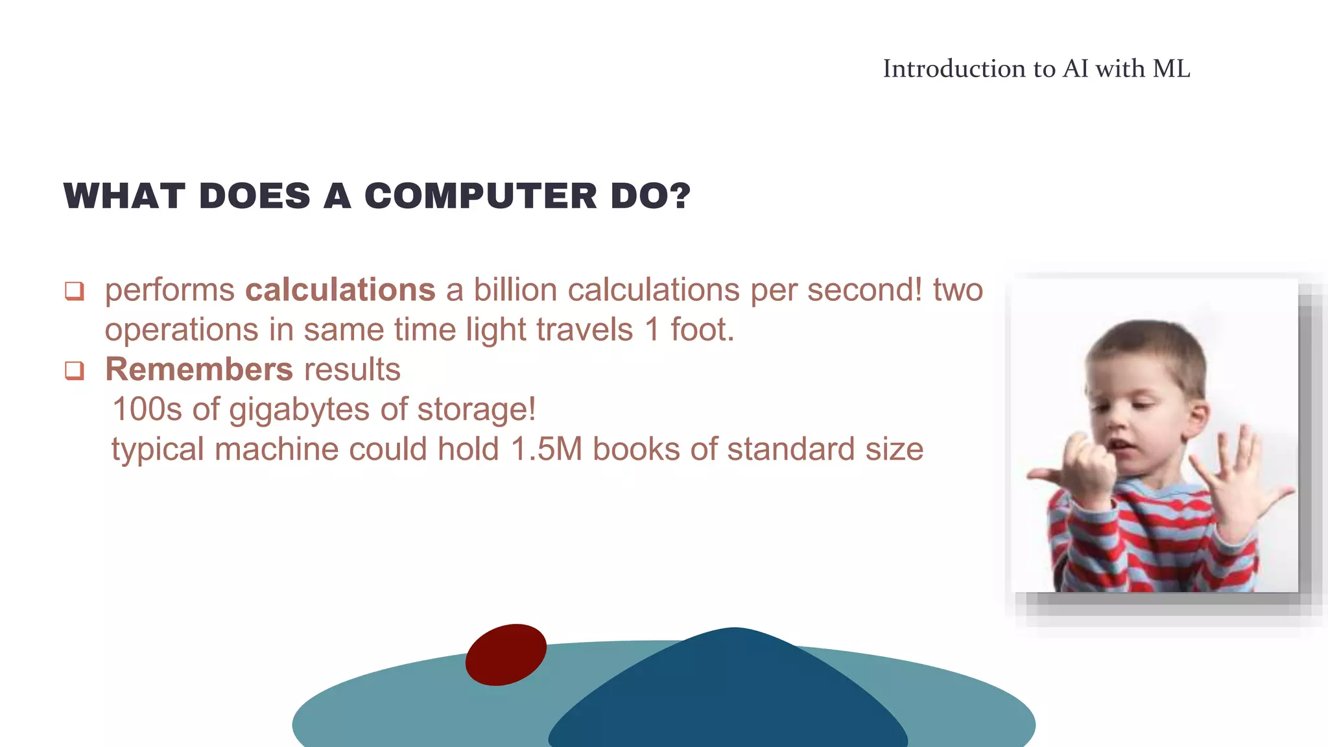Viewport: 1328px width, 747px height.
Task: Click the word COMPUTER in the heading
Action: click(480, 196)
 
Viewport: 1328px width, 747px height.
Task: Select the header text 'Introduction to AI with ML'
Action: click(1036, 69)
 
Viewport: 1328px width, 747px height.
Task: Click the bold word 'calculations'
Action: click(340, 290)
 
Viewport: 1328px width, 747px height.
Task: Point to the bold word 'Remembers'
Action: click(199, 370)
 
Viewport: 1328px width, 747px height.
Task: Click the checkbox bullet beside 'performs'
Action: click(75, 291)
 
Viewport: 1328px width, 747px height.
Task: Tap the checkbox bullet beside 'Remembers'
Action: click(75, 371)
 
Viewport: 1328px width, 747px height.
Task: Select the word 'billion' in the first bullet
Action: click(516, 290)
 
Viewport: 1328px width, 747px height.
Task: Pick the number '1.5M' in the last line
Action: click(546, 449)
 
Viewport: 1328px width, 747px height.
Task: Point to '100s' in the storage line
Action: click(147, 410)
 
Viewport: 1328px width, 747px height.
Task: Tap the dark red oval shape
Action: click(506, 655)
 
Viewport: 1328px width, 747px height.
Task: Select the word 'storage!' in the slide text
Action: click(476, 410)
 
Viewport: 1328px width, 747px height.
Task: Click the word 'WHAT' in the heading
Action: click(124, 196)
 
